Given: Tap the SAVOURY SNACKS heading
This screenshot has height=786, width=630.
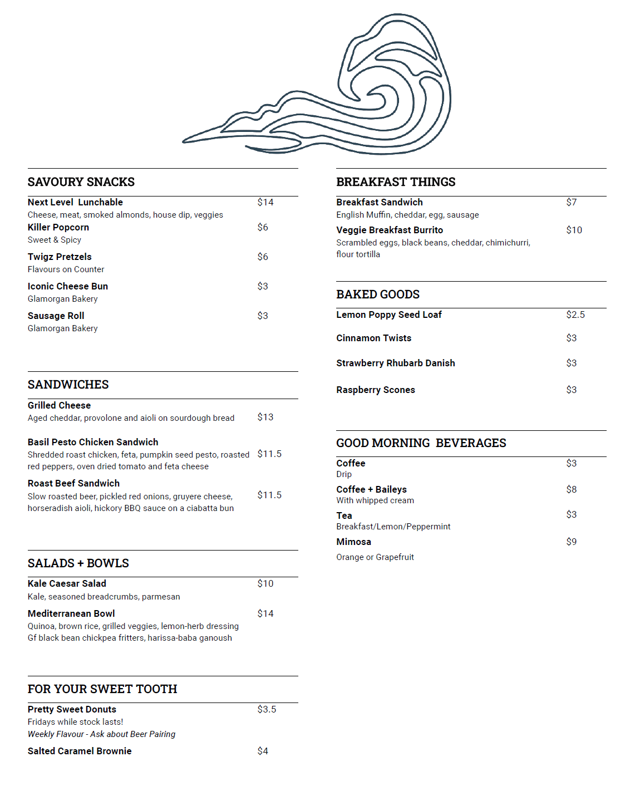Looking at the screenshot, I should point(81,182).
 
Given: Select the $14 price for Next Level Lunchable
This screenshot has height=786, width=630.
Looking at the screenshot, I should point(265,202).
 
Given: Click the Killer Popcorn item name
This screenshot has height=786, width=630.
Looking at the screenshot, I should point(58,227).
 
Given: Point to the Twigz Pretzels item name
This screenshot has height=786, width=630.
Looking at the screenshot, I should point(60,257).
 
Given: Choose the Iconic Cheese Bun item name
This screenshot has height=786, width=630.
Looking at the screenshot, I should point(68,286).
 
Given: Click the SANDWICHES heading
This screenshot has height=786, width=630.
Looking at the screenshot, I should point(68,385).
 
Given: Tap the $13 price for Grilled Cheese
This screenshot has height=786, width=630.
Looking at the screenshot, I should point(265,417).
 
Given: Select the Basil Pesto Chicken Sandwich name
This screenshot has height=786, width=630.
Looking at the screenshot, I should point(93,442).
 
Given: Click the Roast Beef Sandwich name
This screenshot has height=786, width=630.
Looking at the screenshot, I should point(73,483).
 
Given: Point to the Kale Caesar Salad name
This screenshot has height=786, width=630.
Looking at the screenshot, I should point(67,583).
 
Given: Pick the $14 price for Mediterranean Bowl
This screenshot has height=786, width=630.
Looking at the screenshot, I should point(265,613).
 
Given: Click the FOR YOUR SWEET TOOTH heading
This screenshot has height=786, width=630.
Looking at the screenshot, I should point(102,689).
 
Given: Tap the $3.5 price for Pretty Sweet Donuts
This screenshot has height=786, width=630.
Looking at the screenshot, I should point(267,709).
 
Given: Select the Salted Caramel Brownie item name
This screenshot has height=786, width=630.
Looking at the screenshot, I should point(80,751).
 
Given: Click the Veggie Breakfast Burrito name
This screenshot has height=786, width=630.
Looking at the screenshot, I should point(390,230).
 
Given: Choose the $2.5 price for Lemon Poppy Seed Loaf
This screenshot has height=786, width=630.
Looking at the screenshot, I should point(575,315).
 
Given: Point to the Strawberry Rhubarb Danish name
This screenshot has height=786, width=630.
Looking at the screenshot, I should point(396,363).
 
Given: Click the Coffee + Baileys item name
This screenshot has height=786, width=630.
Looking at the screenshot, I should point(371,489).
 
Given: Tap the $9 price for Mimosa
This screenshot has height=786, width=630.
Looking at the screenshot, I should point(572,542).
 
